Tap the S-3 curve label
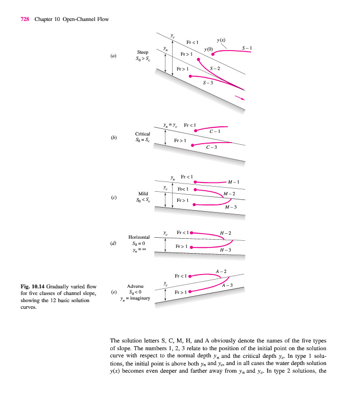click(208, 82)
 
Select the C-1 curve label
click(215, 132)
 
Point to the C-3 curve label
click(212, 148)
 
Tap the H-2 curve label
click(225, 233)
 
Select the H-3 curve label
click(225, 250)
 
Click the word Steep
click(142, 52)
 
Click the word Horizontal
click(139, 237)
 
